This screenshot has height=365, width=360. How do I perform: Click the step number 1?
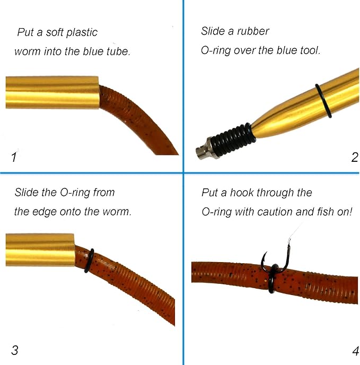14,157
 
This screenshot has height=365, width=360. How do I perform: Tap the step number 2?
355,157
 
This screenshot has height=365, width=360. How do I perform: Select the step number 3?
14,350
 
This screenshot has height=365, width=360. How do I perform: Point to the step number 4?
355,351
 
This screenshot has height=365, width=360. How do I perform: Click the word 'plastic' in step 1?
82,32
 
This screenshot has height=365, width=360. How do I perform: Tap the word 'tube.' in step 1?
118,51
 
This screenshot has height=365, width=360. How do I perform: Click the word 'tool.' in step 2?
310,50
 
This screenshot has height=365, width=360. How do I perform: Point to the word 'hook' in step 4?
242,193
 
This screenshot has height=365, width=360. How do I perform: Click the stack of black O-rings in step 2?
232,140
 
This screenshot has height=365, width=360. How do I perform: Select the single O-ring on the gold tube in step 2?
323,101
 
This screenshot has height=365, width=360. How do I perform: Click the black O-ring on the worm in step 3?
90,260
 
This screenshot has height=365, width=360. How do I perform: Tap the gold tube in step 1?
52,92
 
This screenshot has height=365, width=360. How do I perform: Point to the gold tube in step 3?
40,250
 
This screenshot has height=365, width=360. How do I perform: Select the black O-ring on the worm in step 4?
274,278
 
